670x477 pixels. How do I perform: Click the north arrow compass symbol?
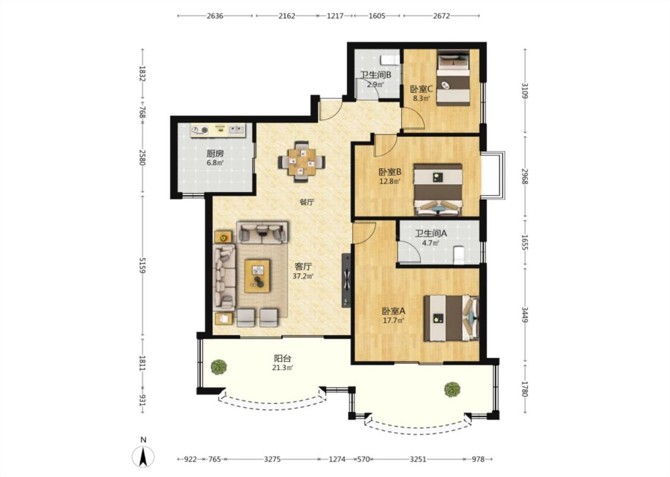(x=143, y=456)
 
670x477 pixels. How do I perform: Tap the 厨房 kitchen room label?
(x=215, y=154)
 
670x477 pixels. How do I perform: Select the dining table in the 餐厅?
(x=302, y=162)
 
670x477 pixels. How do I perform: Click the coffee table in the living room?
(x=257, y=276)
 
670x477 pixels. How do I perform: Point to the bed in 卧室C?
(x=453, y=78)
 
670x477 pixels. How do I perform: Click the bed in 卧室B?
(x=438, y=189)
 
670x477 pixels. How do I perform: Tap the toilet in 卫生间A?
(x=458, y=255)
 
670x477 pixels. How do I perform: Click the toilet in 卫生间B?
(x=389, y=60)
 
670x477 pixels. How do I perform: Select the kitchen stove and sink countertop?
(x=218, y=131)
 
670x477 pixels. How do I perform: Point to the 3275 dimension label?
(x=272, y=460)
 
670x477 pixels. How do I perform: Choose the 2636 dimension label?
(x=215, y=16)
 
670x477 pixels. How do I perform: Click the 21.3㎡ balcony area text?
(x=283, y=368)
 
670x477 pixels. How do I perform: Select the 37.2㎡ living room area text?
(x=303, y=276)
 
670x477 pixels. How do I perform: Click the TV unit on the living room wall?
(x=346, y=280)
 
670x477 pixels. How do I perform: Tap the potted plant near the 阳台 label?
(x=219, y=367)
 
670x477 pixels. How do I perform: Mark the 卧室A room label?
(x=394, y=311)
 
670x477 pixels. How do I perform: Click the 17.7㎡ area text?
(x=394, y=320)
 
